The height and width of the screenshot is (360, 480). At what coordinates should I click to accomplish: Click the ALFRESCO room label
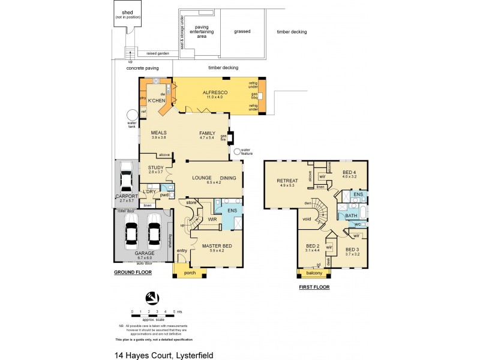[x=210, y=92]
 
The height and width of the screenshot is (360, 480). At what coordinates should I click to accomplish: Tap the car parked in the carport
[x=127, y=178]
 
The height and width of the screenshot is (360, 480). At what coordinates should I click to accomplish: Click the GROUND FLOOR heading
[x=133, y=272]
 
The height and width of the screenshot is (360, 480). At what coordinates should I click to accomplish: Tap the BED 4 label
[x=349, y=173]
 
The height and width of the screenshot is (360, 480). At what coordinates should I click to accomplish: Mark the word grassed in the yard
[x=242, y=31]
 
